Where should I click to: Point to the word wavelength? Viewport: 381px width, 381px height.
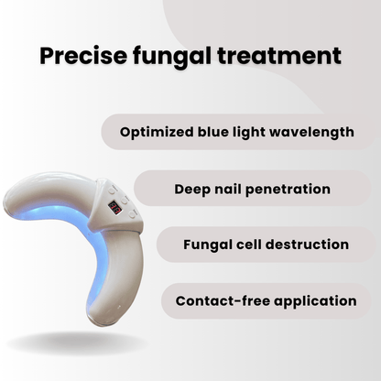click(x=311, y=132)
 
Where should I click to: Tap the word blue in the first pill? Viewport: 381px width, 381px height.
click(x=217, y=132)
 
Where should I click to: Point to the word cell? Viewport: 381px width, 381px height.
click(x=253, y=245)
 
